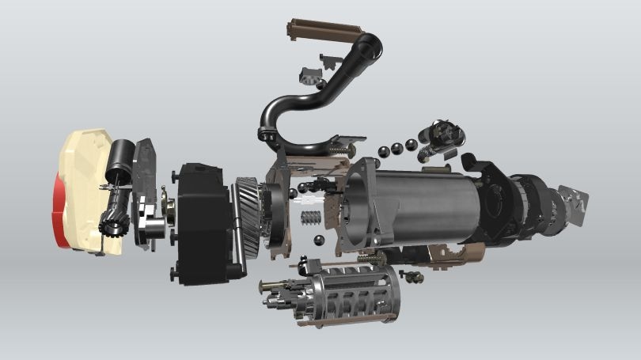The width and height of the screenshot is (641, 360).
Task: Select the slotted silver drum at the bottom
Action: coord(348,297)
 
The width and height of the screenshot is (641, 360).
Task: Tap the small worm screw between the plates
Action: coord(311,218)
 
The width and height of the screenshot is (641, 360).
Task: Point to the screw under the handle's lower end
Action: coord(340,150)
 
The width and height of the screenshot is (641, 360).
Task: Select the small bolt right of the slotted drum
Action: coord(412,276)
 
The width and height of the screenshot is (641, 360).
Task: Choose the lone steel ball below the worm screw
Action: coord(317,241)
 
